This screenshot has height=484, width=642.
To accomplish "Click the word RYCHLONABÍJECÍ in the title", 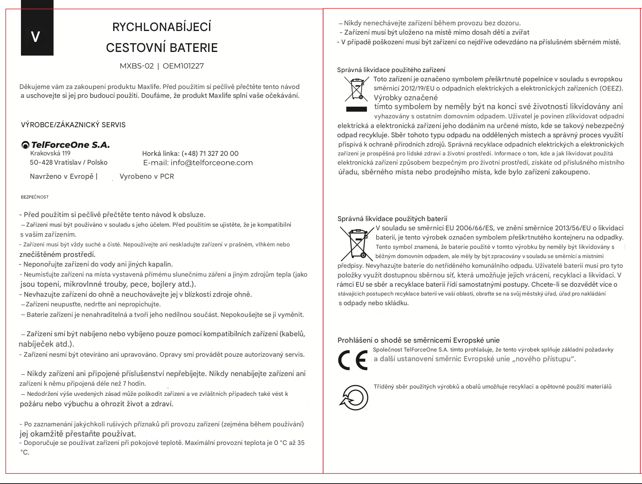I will tap(162, 27).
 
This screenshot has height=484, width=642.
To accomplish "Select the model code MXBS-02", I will tap(137, 66).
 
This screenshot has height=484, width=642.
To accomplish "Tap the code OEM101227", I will tap(183, 66).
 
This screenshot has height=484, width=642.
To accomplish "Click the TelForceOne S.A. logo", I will tap(66, 145).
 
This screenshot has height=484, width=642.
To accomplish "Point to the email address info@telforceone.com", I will tap(212, 163).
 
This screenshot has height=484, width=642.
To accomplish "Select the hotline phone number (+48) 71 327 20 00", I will tap(210, 153).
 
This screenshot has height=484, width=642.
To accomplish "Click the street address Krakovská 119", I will tap(50, 153).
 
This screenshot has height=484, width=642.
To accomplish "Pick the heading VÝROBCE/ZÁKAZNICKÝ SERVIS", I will tap(73, 125).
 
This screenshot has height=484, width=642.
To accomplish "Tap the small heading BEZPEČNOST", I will tap(35, 197).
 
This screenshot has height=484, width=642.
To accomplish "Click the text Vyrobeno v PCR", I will tap(147, 176).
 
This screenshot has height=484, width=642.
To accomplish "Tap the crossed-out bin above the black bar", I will tap(356, 89).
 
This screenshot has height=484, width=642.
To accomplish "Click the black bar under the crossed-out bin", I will tap(356, 109).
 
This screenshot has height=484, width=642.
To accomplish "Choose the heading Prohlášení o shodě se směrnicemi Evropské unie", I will tap(418, 340).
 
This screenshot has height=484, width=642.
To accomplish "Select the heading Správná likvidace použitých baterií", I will tap(392, 219).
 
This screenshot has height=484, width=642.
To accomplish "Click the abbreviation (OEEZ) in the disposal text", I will tap(611, 89).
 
